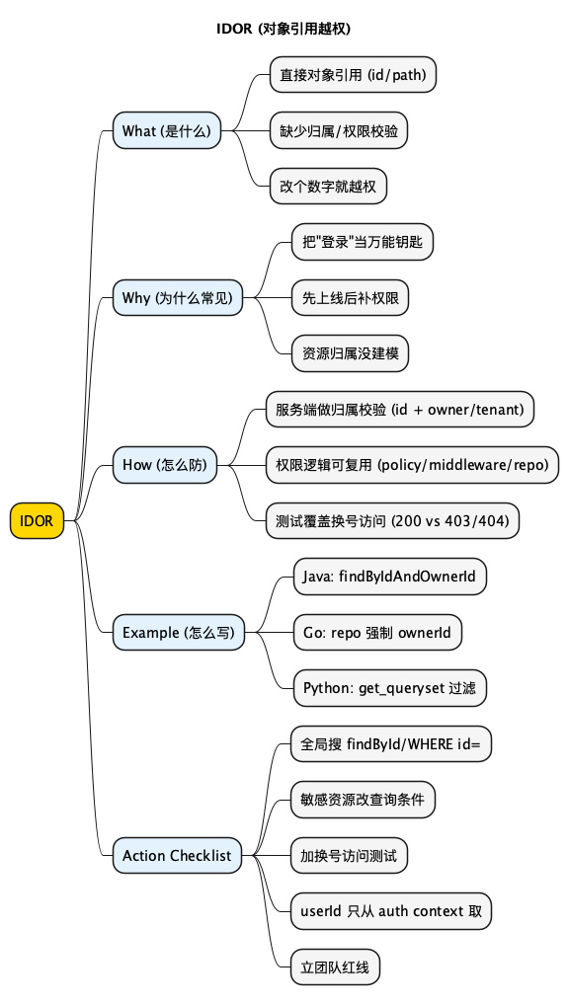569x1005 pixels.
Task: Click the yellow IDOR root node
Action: [x=37, y=521]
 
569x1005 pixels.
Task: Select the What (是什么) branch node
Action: [x=166, y=130]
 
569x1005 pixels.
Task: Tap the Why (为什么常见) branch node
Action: [x=177, y=297]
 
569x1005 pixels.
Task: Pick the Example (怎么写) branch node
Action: [x=178, y=633]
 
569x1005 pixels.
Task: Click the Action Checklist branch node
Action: [x=177, y=856]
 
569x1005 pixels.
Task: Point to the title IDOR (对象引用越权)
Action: [x=284, y=29]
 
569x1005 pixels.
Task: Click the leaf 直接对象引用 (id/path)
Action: [x=353, y=74]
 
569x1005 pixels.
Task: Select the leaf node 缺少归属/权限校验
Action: [x=338, y=130]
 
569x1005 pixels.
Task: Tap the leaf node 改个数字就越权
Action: [x=327, y=186]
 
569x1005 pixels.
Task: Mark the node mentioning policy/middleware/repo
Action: [x=413, y=465]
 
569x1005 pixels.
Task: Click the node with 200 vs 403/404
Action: [x=393, y=521]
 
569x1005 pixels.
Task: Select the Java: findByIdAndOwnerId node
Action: [x=389, y=577]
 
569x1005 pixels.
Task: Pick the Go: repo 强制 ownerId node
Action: [x=376, y=633]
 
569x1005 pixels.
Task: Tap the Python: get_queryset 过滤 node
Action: [x=389, y=688]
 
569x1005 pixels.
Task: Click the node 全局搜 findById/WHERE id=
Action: [x=391, y=744]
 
